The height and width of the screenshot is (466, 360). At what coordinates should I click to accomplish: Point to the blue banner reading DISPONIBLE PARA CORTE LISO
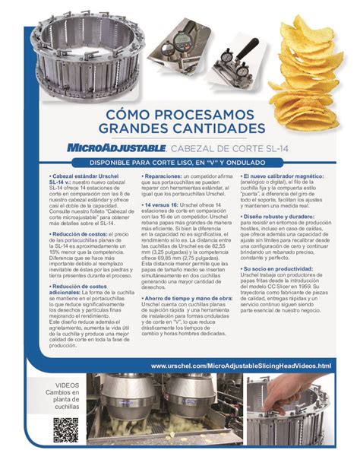tap(181, 163)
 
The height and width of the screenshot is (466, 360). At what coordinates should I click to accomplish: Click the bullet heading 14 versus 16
tap(162, 205)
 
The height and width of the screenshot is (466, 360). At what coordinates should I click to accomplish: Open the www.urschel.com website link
tap(241, 366)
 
